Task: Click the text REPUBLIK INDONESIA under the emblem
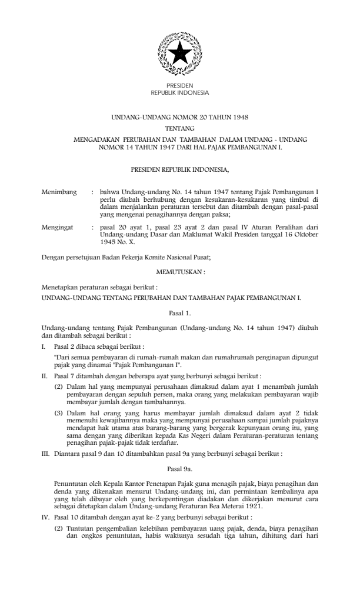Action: [x=180, y=92]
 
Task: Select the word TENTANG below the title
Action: [x=180, y=128]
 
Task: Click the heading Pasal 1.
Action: [x=180, y=315]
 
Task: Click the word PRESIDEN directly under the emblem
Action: [x=180, y=86]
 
